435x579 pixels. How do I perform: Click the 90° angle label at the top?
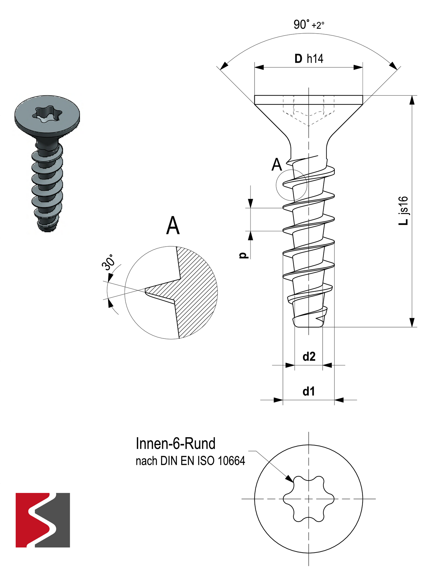tap(301, 25)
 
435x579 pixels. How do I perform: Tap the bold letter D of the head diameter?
tap(298, 59)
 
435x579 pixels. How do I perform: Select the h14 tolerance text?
tap(315, 59)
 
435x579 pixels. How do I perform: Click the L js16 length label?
tap(403, 210)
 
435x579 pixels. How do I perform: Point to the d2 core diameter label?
tap(309, 357)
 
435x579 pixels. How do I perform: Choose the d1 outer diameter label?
tap(308, 392)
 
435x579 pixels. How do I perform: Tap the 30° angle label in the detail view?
tap(108, 263)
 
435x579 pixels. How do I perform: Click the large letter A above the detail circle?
tap(173, 226)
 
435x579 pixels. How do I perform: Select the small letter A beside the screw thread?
tap(277, 165)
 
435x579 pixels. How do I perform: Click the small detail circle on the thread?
tap(291, 185)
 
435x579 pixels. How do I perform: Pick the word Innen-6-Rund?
tap(176, 444)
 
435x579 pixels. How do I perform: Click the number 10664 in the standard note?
tap(231, 461)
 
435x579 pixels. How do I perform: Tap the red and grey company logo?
tap(43, 520)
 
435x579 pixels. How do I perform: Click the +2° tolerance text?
tap(318, 25)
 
